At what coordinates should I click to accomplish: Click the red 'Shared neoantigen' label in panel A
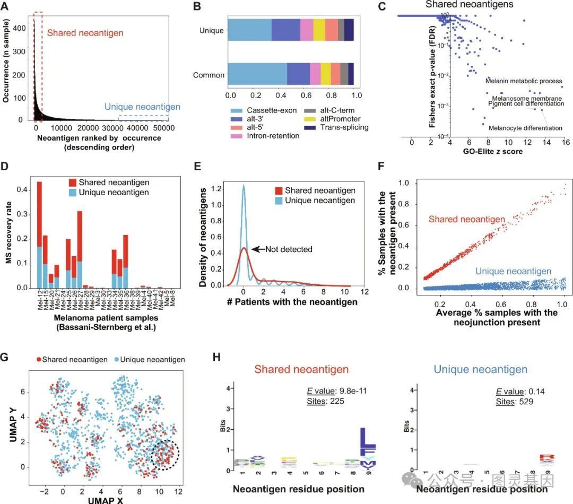(85, 33)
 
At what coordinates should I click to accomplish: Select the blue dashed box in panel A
(143, 118)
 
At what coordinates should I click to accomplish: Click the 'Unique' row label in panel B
(211, 31)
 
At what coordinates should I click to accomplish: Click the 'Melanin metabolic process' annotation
(524, 81)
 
